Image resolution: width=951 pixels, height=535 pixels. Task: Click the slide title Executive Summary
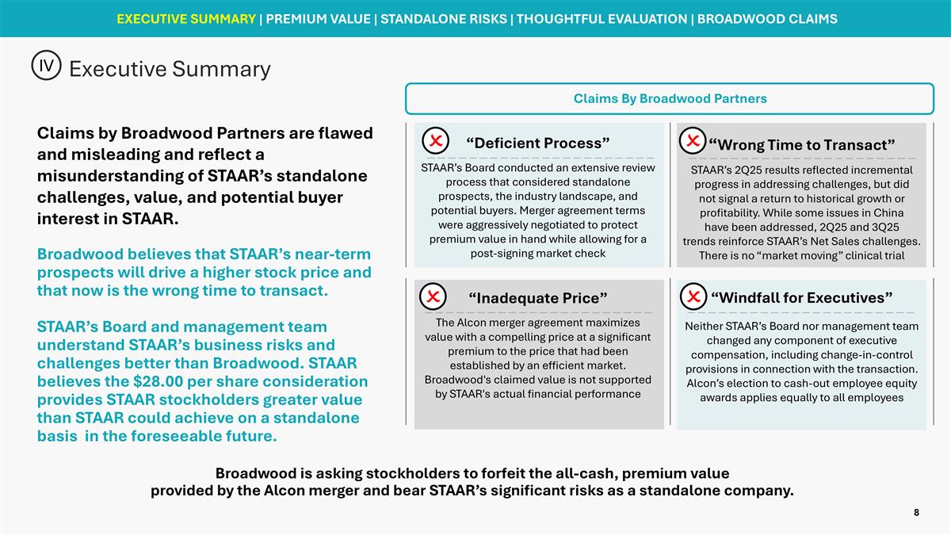[x=170, y=69]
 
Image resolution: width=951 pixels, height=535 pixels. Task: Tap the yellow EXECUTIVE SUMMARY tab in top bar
[x=185, y=18]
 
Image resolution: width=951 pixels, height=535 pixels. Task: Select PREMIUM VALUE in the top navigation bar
[x=319, y=18]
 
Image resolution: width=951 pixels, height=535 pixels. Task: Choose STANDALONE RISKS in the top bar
[x=445, y=18]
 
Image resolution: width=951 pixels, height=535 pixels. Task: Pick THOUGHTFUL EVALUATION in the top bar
[x=602, y=18]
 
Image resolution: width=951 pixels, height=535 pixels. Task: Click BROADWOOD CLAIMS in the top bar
[x=767, y=18]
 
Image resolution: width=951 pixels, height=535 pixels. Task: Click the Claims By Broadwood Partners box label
[x=670, y=99]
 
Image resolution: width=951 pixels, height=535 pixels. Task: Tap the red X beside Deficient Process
[x=435, y=141]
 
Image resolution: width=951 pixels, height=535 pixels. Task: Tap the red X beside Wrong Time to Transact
[x=692, y=140]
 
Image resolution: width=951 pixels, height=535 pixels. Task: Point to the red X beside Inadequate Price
[x=434, y=296]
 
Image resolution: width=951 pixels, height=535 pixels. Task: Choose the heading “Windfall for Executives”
[x=801, y=298]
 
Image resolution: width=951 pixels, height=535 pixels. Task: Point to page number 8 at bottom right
[x=916, y=513]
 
